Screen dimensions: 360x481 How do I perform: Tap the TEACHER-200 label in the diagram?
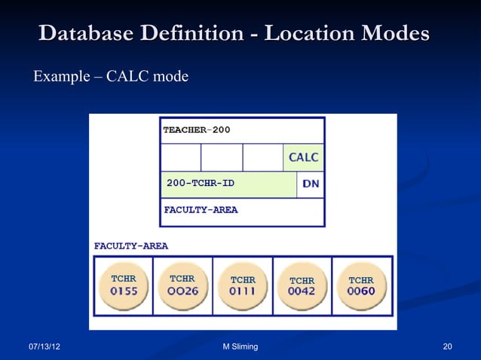point(197,130)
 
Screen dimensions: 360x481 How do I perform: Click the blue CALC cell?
point(303,157)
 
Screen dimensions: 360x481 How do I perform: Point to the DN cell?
point(310,183)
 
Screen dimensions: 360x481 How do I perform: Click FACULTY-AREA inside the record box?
point(201,210)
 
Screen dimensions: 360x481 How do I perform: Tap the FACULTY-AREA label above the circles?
point(130,246)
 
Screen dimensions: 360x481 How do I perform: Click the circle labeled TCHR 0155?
point(124,286)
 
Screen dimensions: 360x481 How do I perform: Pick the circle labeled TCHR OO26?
point(182,286)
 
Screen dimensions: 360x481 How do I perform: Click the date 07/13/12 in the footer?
point(44,346)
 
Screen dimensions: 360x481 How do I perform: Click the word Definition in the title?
point(187,34)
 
